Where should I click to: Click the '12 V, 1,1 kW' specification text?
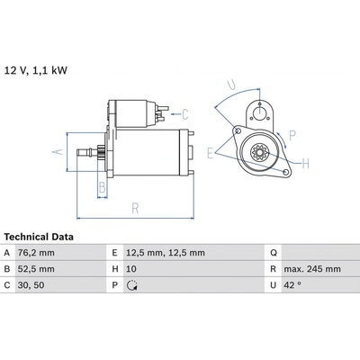point(36,70)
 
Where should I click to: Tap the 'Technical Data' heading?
point(39,237)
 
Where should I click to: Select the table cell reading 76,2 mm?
point(36,253)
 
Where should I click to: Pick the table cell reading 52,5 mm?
point(36,269)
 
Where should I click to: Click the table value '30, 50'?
point(31,285)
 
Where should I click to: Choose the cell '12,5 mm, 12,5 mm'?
point(166,253)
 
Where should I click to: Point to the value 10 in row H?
point(131,269)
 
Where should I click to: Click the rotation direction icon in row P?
point(132,285)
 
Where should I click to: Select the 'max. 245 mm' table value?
point(312,269)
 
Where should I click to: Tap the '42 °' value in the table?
point(292,285)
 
